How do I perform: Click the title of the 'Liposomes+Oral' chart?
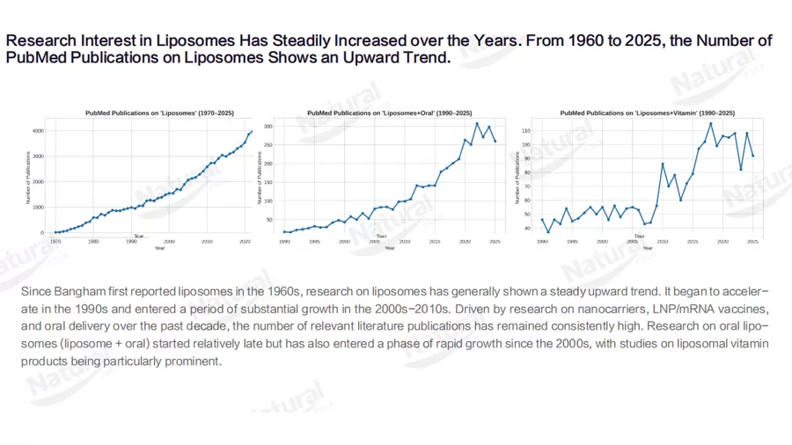388,113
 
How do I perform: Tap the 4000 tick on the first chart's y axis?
38,131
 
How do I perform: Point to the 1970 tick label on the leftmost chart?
55,240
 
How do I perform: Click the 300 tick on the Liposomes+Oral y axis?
268,126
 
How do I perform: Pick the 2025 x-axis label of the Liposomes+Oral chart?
495,240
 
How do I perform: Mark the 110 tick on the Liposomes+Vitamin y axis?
527,130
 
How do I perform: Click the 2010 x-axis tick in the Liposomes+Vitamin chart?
663,240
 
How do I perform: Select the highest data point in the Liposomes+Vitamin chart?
711,123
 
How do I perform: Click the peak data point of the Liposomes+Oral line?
477,123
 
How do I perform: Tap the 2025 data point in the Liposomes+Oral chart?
495,141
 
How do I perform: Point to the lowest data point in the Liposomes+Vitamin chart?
548,232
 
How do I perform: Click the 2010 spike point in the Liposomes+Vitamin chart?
663,164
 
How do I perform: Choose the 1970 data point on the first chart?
55,232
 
